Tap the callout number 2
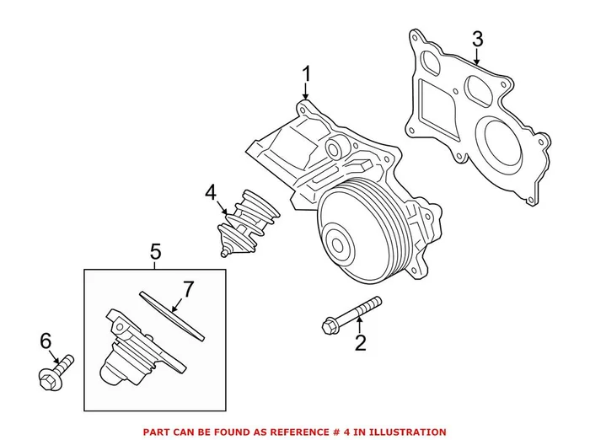point(361,342)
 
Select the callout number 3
point(477,39)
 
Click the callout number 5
point(155,250)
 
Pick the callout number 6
point(46,341)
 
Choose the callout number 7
point(188,289)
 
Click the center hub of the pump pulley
point(341,246)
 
